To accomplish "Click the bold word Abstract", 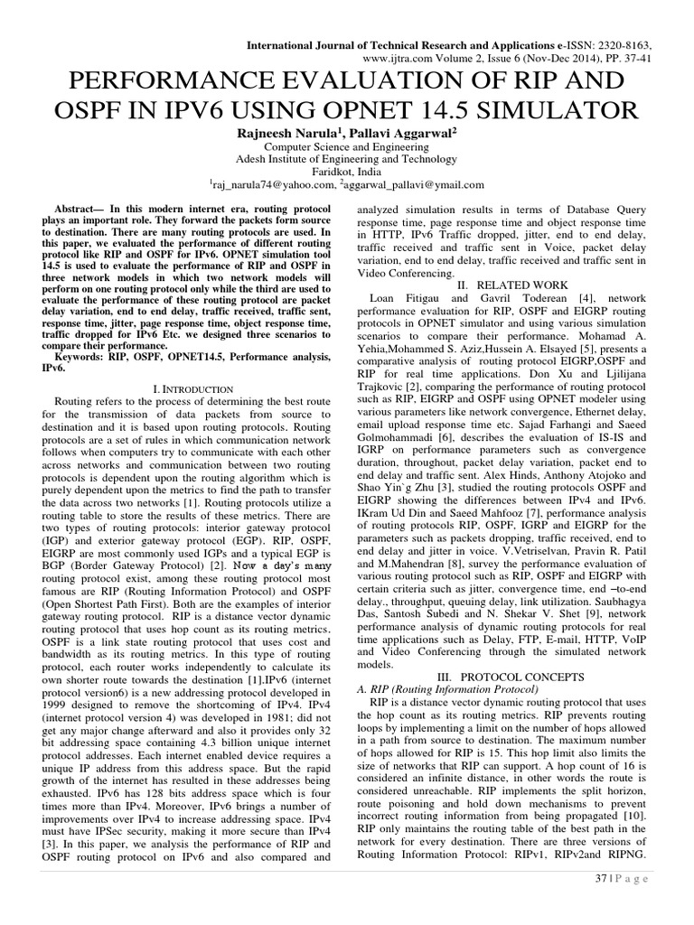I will point(79,208).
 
